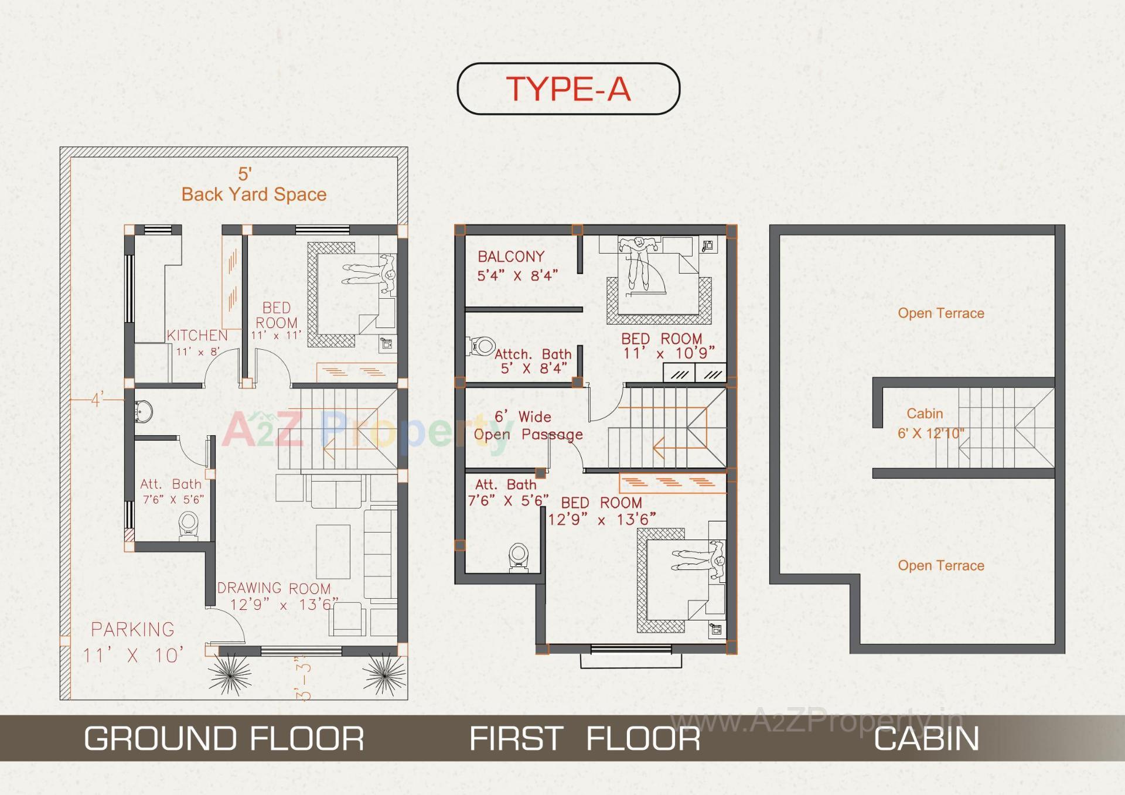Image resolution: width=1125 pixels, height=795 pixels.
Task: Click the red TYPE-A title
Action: pos(568,89)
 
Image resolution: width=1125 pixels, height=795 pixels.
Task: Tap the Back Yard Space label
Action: pos(254,194)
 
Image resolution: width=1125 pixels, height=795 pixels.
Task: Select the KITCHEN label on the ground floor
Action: pos(197,336)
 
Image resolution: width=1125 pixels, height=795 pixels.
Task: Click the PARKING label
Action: pos(133,630)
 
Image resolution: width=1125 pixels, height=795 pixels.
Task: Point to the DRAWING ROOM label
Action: pos(274,588)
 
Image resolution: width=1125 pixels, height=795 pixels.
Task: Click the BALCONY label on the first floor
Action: pos(511,257)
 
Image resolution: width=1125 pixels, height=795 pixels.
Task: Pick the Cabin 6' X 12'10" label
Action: pos(930,424)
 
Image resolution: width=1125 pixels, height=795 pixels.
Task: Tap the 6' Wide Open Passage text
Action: pos(527,426)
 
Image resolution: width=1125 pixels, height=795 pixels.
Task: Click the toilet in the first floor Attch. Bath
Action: pos(481,346)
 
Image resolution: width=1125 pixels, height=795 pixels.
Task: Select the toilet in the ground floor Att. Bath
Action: pos(188,524)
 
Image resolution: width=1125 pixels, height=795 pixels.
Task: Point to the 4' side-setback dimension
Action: pos(97,400)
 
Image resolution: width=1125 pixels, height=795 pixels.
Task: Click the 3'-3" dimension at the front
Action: pos(304,681)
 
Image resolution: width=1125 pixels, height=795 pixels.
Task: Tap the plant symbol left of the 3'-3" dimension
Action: pos(230,674)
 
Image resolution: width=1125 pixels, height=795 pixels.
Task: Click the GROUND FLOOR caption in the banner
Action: pos(224,738)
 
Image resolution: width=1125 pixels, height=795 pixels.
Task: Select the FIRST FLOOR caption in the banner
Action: pos(585,738)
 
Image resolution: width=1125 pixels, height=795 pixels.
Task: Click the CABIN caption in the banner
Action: pos(926,738)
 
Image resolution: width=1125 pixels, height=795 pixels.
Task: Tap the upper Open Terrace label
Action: pos(940,313)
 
